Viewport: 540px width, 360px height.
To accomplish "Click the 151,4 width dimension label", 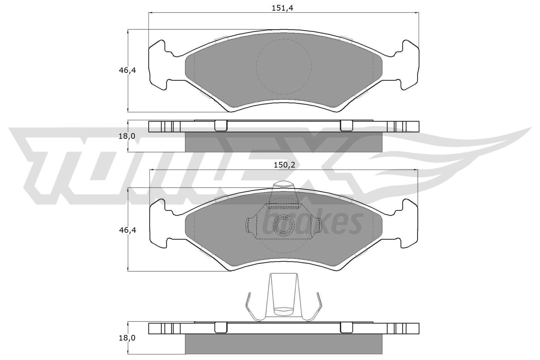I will pyautogui.click(x=283, y=9).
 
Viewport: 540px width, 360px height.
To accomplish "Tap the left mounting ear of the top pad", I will pyautogui.click(x=158, y=65).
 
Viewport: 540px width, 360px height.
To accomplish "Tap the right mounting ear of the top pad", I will pyautogui.click(x=409, y=65).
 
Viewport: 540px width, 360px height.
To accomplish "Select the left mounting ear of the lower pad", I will pyautogui.click(x=158, y=224).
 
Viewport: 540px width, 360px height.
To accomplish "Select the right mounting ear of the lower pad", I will pyautogui.click(x=409, y=224).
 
